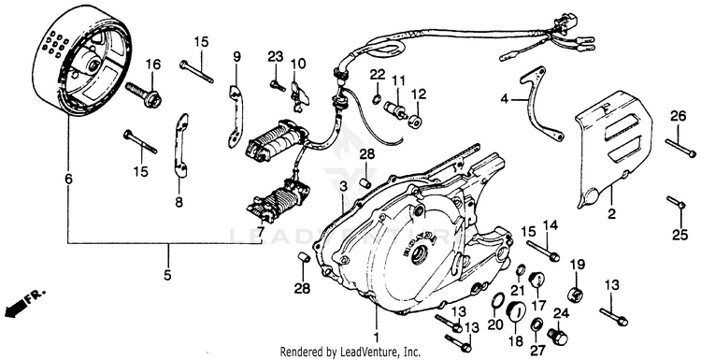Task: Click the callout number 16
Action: pyautogui.click(x=153, y=65)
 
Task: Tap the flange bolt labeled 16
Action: pyautogui.click(x=143, y=95)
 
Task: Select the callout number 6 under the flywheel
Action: pyautogui.click(x=68, y=180)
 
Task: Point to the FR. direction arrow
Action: pyautogui.click(x=23, y=303)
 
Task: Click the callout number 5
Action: pyautogui.click(x=167, y=276)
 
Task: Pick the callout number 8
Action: pyautogui.click(x=179, y=203)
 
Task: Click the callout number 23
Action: pyautogui.click(x=276, y=57)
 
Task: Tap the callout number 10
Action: pyautogui.click(x=299, y=65)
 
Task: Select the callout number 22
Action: pyautogui.click(x=378, y=74)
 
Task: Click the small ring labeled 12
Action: pyautogui.click(x=415, y=121)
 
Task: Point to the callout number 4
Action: pyautogui.click(x=505, y=99)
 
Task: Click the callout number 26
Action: pyautogui.click(x=678, y=117)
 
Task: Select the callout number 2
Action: pyautogui.click(x=611, y=214)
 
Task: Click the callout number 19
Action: pyautogui.click(x=578, y=265)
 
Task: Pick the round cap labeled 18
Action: pyautogui.click(x=517, y=311)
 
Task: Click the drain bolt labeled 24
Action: pyautogui.click(x=558, y=337)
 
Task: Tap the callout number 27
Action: pyautogui.click(x=536, y=350)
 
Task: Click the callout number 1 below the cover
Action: pyautogui.click(x=376, y=337)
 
